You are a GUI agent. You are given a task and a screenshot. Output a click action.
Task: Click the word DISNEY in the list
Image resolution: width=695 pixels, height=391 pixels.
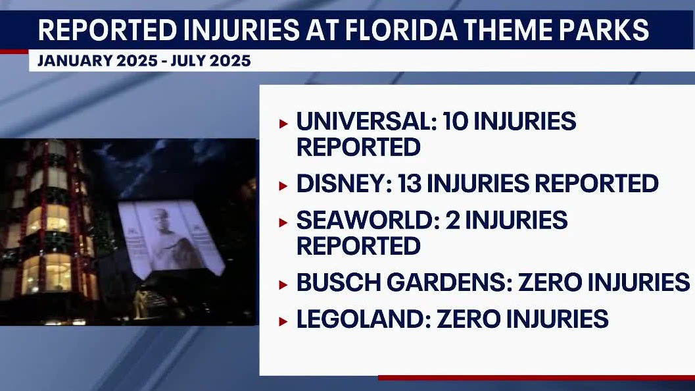pyautogui.click(x=343, y=184)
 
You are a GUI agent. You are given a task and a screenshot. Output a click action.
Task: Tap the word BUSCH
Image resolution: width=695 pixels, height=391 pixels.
pyautogui.click(x=334, y=283)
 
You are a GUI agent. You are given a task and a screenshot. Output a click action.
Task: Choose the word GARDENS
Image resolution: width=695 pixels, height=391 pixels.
pyautogui.click(x=444, y=283)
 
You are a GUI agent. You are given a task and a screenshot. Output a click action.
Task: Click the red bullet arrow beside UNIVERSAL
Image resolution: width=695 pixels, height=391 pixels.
pyautogui.click(x=283, y=123)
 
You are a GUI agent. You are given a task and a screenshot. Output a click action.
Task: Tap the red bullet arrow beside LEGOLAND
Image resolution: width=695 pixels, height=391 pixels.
pyautogui.click(x=283, y=321)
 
